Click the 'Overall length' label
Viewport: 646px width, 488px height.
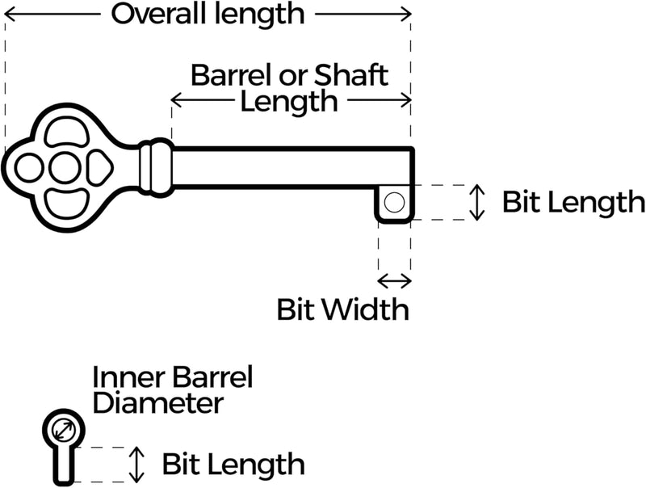coord(208,14)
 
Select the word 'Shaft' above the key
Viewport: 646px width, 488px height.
coord(353,75)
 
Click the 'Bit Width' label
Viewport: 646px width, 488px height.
coord(342,309)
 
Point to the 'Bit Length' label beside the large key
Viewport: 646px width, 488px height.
coord(573,202)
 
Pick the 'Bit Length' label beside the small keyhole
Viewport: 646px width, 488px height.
coord(233,465)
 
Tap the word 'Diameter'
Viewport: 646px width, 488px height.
coord(157,402)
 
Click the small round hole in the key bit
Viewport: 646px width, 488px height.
coord(393,203)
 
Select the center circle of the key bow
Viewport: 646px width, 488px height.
coord(64,168)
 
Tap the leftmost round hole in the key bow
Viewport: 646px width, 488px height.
coord(30,168)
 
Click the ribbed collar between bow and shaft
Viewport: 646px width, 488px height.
coord(156,167)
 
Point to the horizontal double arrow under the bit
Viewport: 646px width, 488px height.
coord(394,280)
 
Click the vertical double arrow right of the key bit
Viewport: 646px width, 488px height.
coord(477,202)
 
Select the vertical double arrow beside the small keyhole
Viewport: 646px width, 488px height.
coord(138,464)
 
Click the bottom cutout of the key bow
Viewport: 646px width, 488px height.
coord(64,203)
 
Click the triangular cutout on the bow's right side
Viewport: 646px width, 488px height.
coord(98,168)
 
